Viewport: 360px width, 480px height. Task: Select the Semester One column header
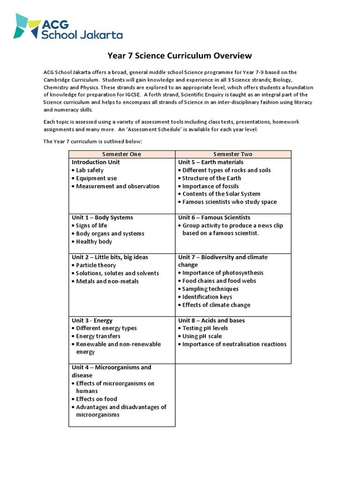[121, 154]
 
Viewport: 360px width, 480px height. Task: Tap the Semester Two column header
[232, 154]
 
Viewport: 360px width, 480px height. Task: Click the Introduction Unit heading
[96, 162]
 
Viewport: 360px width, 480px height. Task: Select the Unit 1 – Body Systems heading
[102, 217]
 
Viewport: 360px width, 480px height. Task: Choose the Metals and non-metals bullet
[107, 281]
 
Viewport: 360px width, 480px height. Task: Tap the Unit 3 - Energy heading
[92, 321]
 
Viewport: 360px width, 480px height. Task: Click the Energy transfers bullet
[98, 336]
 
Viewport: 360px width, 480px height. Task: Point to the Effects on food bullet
[97, 399]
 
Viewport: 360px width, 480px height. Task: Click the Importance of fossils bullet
[210, 186]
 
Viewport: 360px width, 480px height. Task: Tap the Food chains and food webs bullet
[219, 281]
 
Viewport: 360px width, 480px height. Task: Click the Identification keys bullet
[207, 297]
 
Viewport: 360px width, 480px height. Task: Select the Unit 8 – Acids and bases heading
[211, 321]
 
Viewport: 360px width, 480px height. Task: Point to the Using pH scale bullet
[202, 336]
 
